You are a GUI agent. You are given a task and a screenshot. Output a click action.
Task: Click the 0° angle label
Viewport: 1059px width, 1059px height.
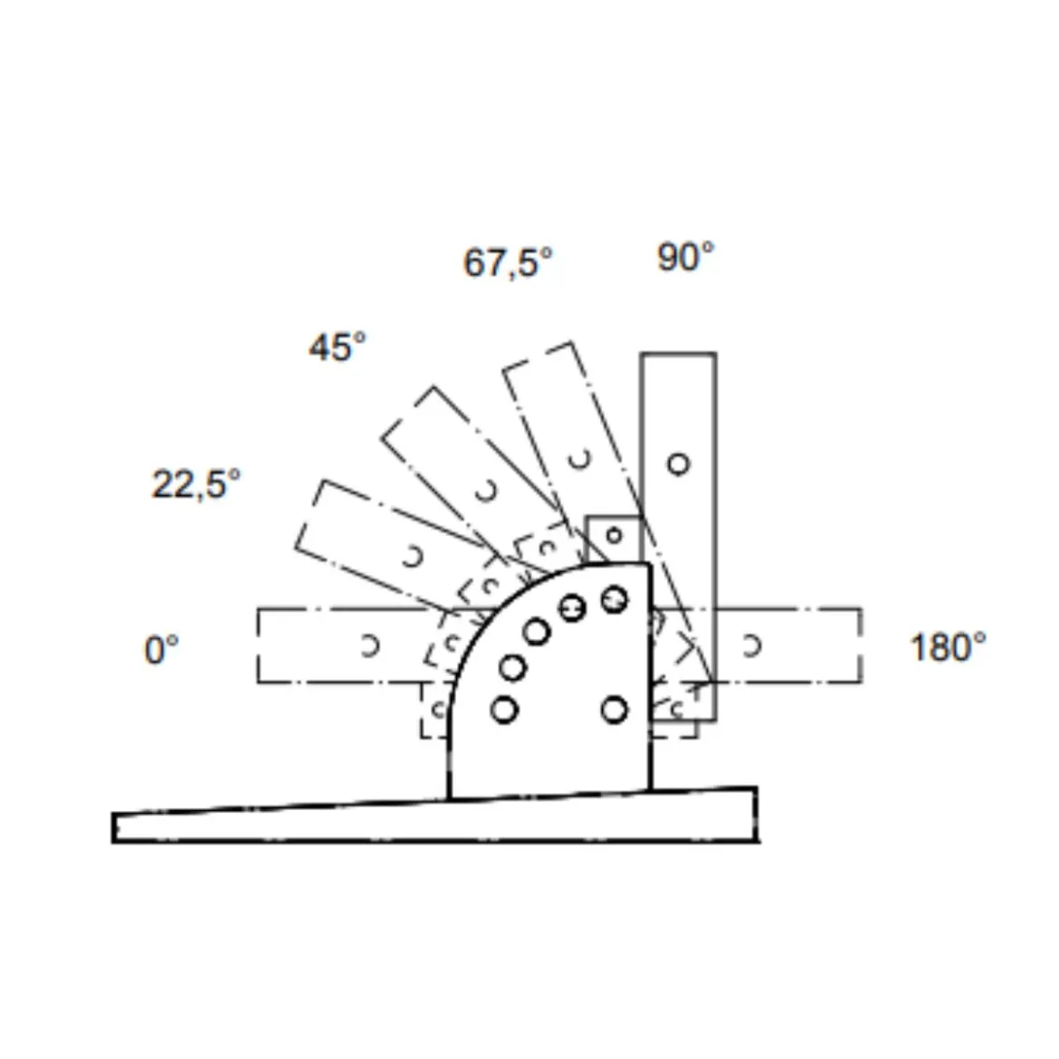161,650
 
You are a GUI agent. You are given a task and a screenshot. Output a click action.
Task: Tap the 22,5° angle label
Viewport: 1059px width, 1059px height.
196,484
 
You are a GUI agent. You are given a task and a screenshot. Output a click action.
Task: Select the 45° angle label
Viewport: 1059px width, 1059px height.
338,348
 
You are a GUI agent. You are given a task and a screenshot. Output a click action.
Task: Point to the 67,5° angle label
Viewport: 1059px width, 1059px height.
508,262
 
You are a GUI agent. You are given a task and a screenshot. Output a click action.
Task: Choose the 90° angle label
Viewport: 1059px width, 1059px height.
685,257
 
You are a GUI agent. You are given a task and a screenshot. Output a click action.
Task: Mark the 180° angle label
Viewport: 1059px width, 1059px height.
949,646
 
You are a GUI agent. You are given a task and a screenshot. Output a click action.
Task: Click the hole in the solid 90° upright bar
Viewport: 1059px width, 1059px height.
679,464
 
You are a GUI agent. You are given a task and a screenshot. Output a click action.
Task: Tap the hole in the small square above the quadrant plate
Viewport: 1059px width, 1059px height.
614,536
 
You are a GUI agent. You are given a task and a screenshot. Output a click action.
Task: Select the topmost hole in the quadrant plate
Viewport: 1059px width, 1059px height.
614,599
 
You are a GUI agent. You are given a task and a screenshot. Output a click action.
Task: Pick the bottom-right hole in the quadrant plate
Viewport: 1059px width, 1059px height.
614,710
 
